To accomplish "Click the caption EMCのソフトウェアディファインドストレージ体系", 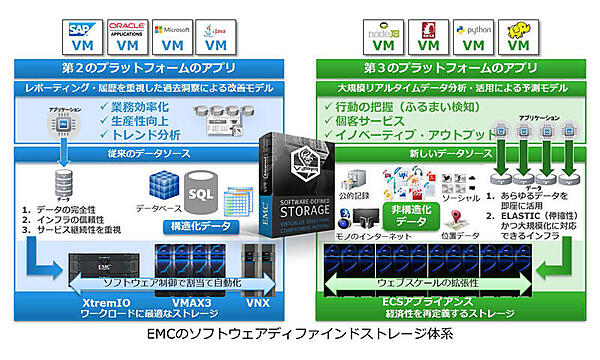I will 300,337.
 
